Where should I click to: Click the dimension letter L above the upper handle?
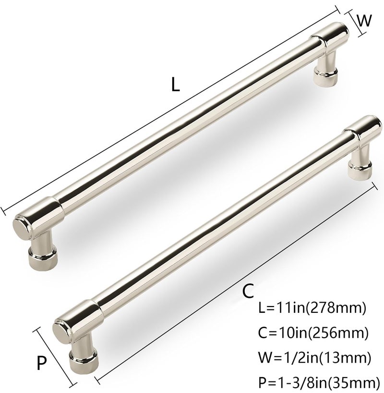coord(175,84)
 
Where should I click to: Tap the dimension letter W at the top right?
coord(364,20)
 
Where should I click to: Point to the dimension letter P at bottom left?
coord(42,363)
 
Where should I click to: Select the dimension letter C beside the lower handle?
coord(248,291)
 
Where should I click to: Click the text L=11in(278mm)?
coord(312,308)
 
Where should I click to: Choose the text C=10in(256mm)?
coord(313,333)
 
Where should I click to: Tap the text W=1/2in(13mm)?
coord(314,357)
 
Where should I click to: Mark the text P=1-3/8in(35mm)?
coord(319,382)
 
